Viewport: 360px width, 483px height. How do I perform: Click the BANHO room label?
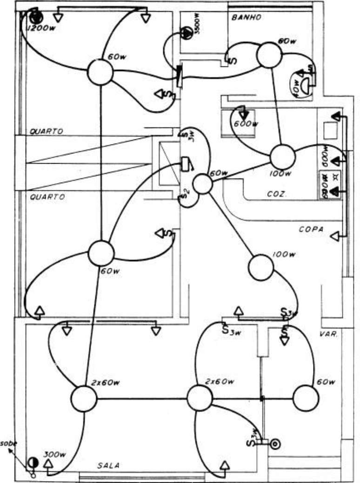point(246,18)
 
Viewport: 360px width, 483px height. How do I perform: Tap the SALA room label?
point(108,465)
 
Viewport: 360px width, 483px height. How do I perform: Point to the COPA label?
point(311,229)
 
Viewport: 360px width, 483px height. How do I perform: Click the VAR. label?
point(328,334)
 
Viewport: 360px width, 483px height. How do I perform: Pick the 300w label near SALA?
point(55,454)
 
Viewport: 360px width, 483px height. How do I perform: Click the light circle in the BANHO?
point(268,55)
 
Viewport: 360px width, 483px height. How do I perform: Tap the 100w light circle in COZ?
point(282,157)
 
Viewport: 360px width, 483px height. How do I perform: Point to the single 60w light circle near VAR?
point(306,398)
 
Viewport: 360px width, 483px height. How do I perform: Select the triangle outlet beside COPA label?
point(334,237)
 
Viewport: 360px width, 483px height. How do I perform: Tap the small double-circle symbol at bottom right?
point(275,443)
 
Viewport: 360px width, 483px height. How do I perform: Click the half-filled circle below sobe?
point(32,463)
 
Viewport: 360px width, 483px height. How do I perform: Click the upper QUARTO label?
point(47,132)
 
